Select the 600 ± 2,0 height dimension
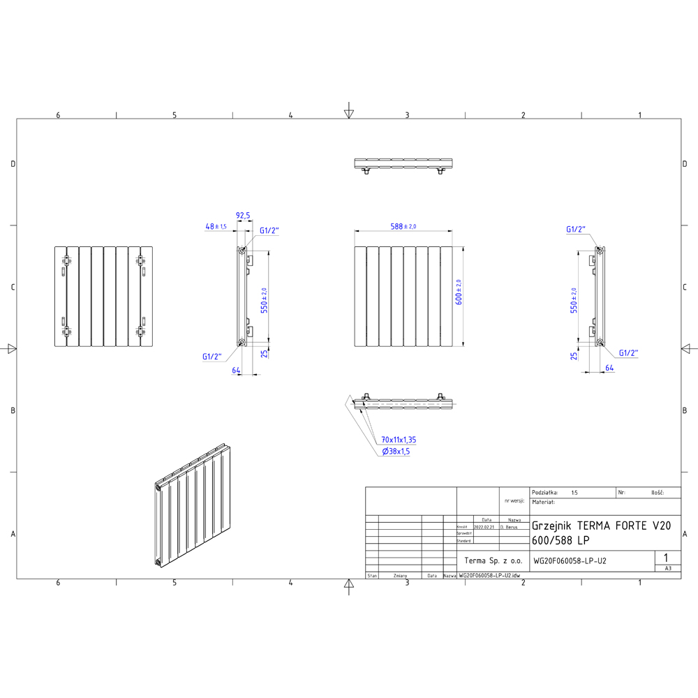tap(459, 292)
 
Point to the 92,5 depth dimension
tap(243, 216)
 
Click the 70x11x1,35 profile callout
tap(399, 440)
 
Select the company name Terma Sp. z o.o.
tap(493, 560)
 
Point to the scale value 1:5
tap(574, 492)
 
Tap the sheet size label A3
tap(668, 569)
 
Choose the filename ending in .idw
tap(489, 576)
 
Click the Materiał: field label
tap(544, 502)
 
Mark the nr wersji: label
tap(513, 501)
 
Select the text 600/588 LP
tap(560, 540)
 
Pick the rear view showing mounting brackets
tap(103, 296)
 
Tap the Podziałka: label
tap(545, 492)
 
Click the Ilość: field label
tap(656, 492)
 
